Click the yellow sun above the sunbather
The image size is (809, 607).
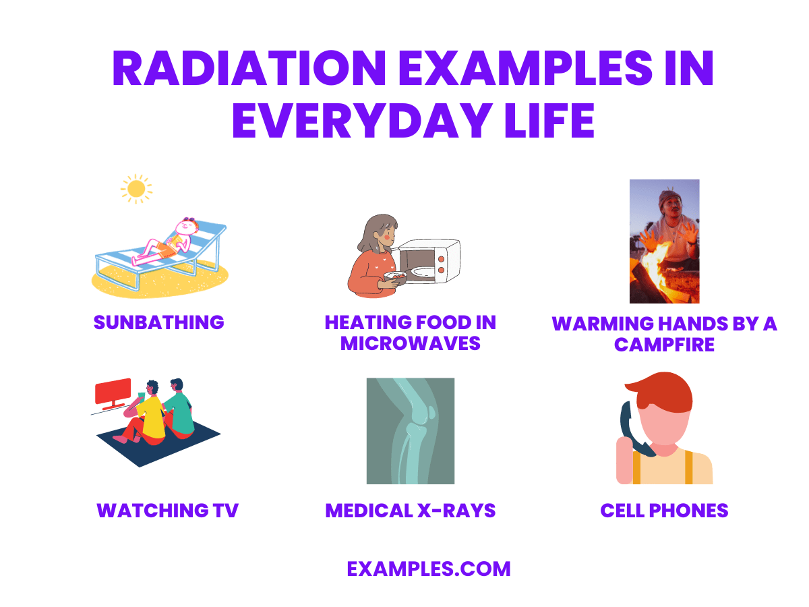[136, 188]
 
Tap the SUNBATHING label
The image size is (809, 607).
[158, 322]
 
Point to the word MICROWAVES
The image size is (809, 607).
[410, 343]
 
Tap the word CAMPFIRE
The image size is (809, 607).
[664, 345]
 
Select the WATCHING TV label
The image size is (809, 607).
[167, 511]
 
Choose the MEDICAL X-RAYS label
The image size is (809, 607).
[410, 511]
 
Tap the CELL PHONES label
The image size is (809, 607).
[664, 511]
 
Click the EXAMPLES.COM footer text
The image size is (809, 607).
[429, 569]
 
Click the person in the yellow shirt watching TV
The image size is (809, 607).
[152, 413]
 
